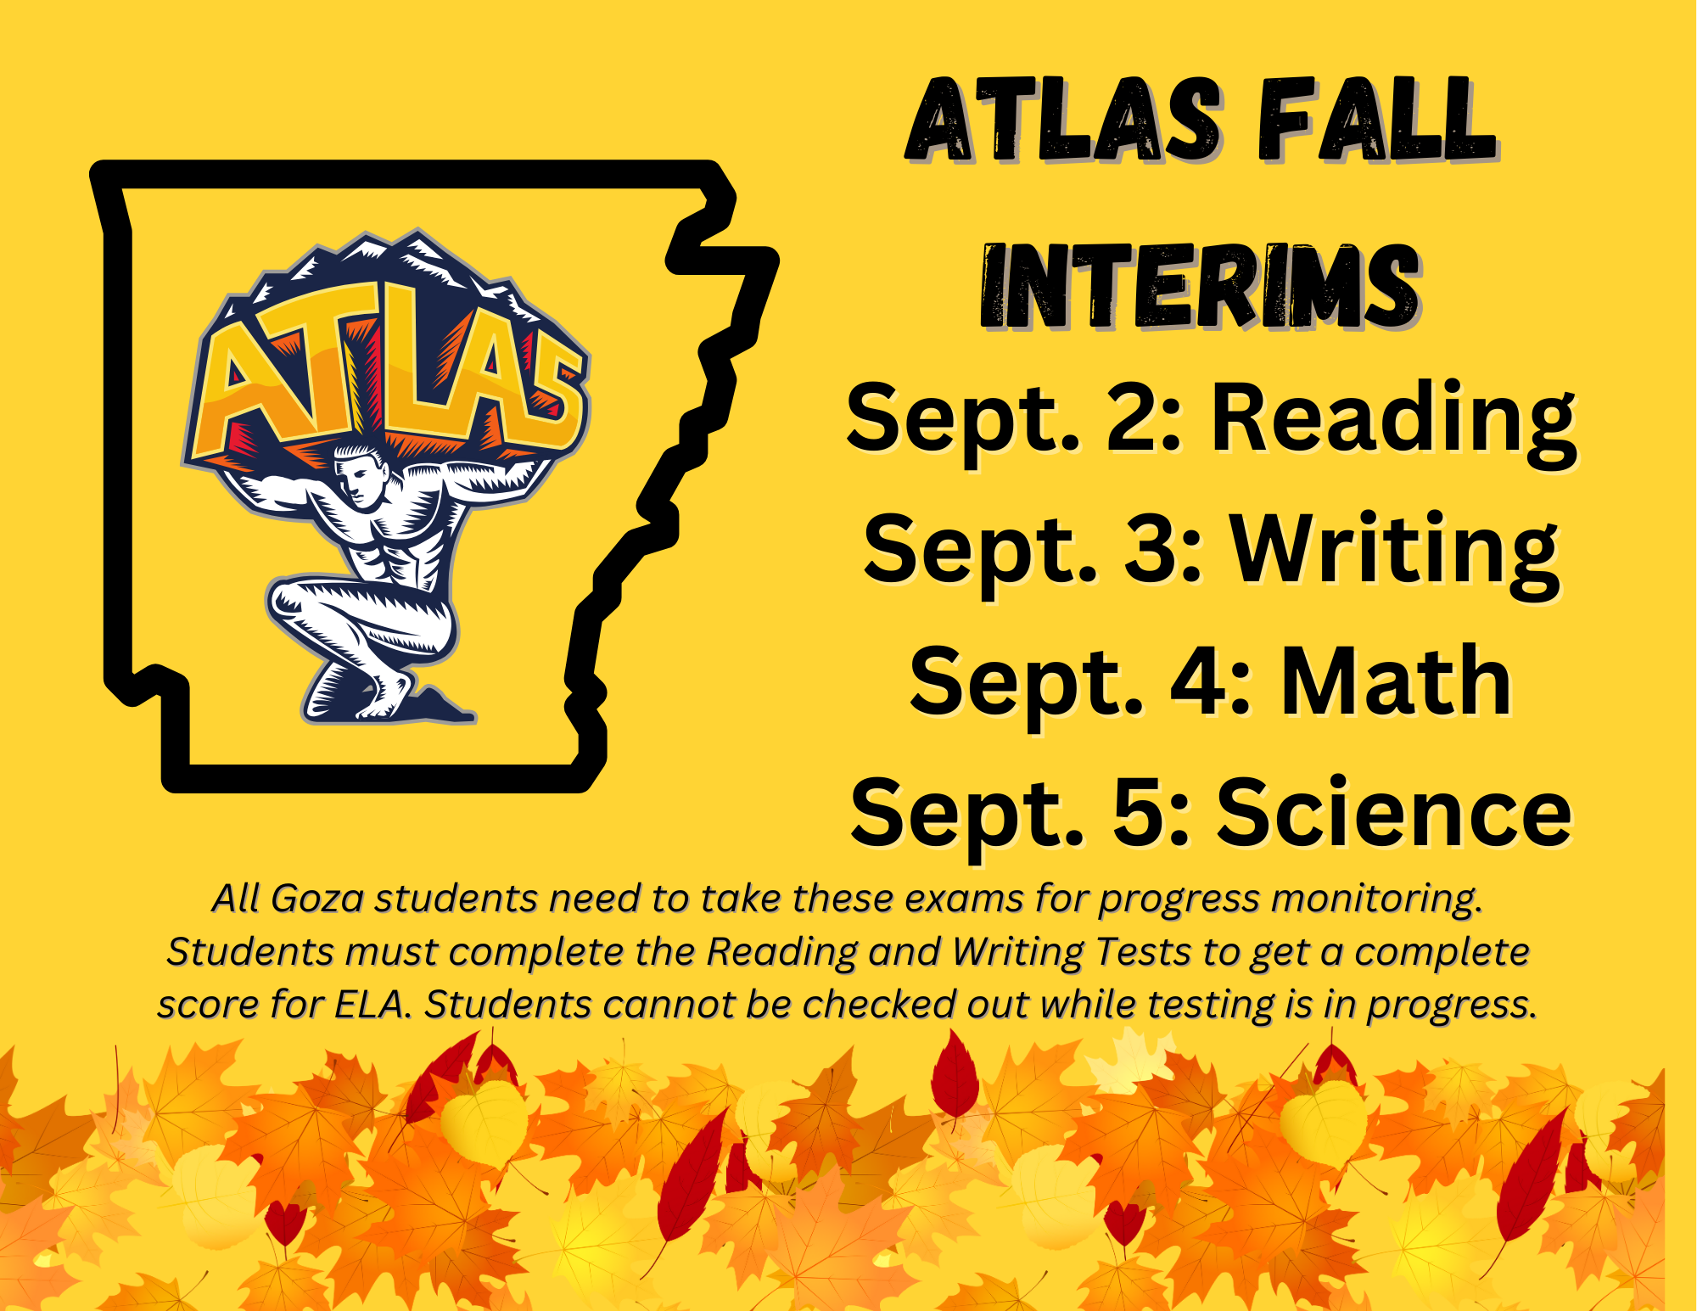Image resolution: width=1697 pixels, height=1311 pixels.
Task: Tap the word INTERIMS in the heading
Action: click(1200, 286)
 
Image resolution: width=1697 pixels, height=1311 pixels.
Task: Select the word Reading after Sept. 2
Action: click(1392, 418)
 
